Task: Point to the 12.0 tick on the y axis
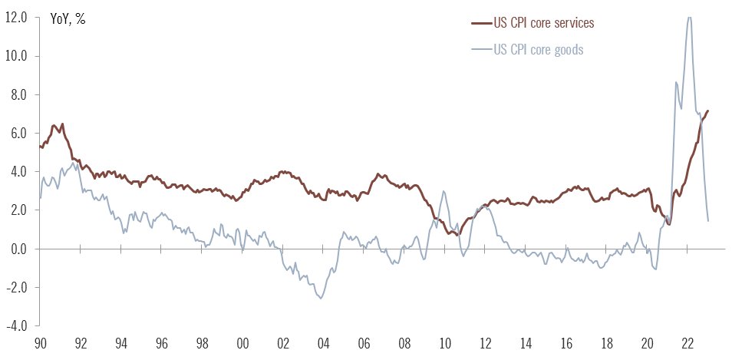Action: (x=17, y=18)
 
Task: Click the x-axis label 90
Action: (x=40, y=345)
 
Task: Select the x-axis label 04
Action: (x=322, y=345)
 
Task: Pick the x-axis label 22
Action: (x=687, y=345)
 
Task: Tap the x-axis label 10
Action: (x=443, y=345)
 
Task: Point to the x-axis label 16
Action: (x=565, y=345)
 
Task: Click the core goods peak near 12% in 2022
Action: (x=689, y=17)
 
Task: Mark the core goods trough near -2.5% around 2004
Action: (x=320, y=299)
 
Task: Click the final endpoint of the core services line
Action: (x=707, y=111)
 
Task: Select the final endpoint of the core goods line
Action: (x=707, y=221)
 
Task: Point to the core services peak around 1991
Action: (x=62, y=124)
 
